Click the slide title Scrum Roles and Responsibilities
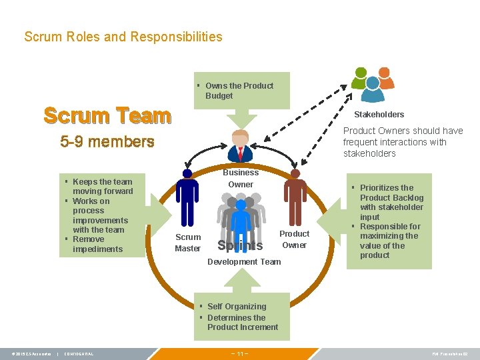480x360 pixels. pos(123,37)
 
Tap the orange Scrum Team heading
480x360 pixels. pos(107,115)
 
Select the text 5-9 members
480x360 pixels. pos(107,141)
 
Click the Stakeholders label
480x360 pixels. pos(379,115)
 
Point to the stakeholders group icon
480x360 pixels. pos(373,79)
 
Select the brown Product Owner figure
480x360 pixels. pos(294,193)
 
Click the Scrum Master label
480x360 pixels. pos(187,243)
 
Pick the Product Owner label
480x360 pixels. pos(294,239)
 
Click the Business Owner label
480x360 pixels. pos(241,178)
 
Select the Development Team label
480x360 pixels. pos(244,262)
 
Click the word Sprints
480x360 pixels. pos(240,246)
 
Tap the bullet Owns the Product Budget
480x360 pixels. pos(239,91)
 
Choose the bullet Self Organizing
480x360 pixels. pos(236,307)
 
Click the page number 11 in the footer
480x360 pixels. pos(239,354)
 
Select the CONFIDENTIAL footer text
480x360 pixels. pos(78,354)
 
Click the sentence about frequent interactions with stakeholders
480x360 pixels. pos(402,142)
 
